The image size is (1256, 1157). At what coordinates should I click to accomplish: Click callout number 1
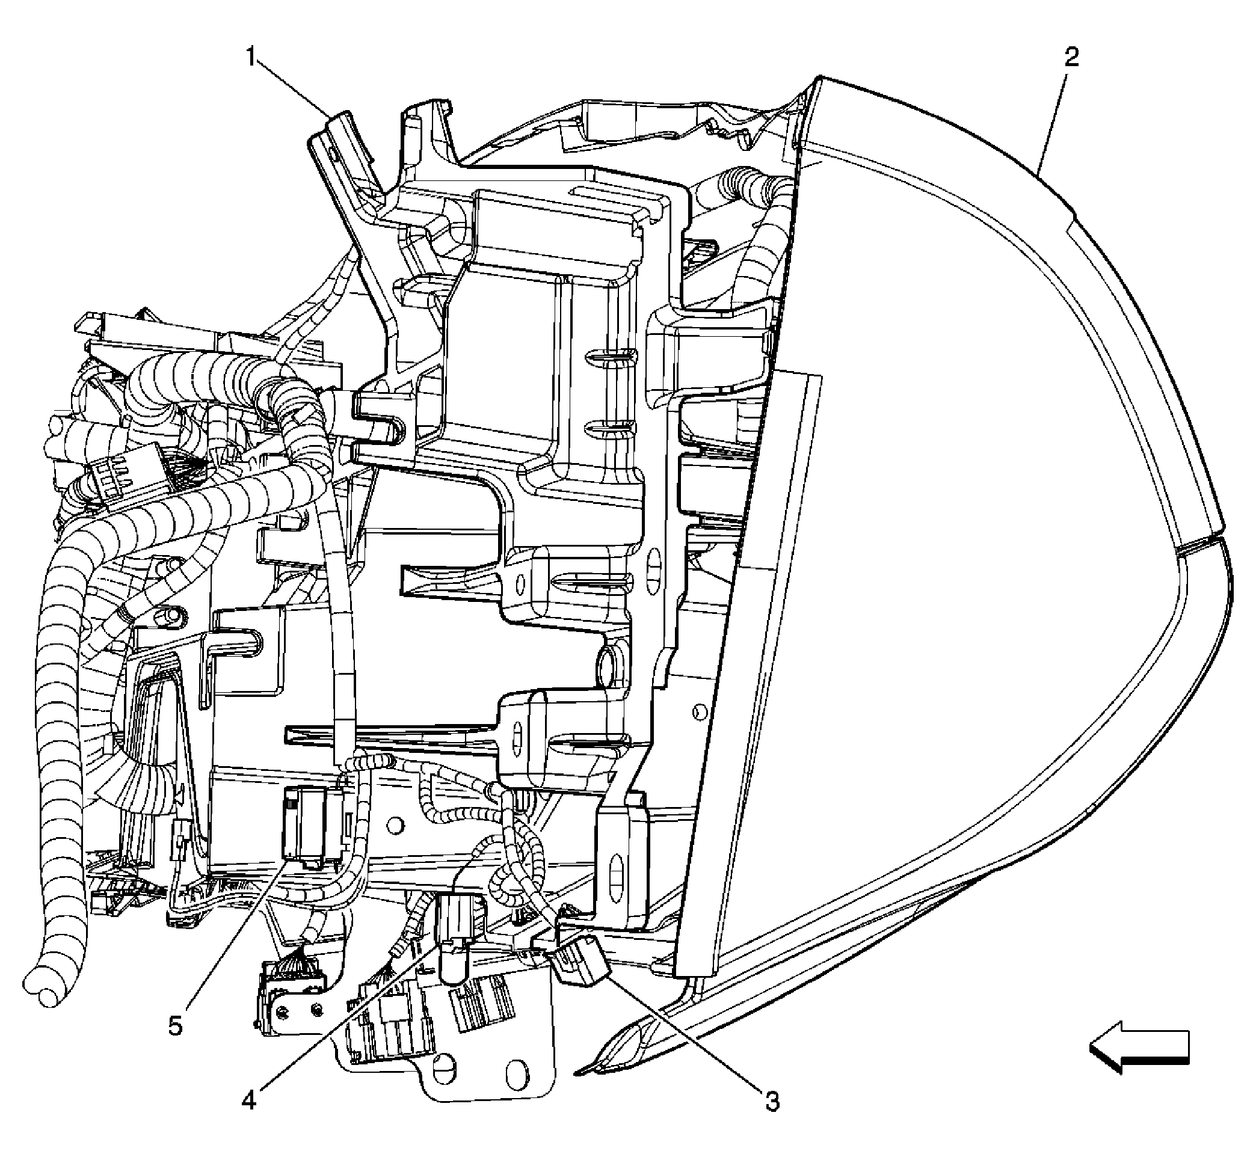pos(251,58)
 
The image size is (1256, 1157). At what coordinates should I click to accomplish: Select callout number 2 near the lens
pos(1071,58)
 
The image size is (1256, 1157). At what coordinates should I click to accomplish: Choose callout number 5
pos(175,1026)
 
